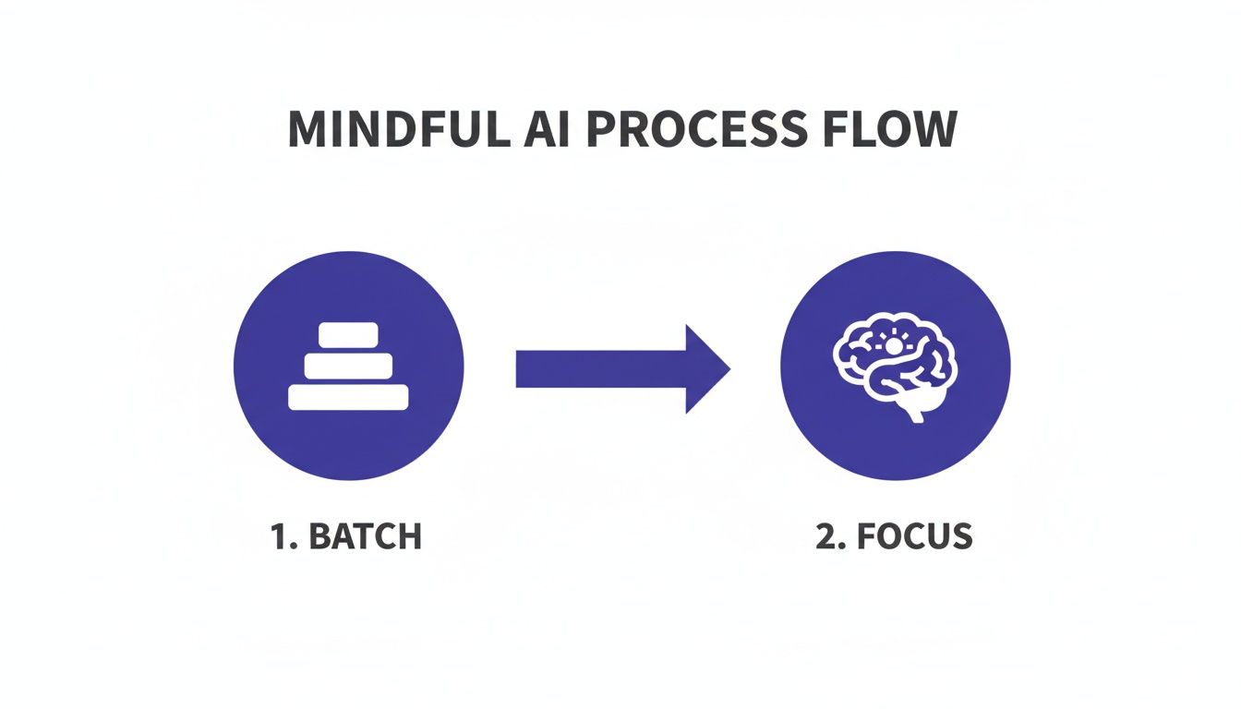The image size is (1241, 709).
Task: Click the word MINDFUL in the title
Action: point(397,131)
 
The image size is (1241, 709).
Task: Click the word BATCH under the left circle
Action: point(365,536)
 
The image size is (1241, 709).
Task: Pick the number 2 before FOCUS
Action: point(825,536)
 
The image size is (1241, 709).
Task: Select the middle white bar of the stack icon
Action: point(348,365)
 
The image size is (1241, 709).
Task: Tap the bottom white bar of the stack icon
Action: point(348,397)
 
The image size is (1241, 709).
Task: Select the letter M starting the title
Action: point(308,131)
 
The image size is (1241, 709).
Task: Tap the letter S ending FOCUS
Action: point(960,536)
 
